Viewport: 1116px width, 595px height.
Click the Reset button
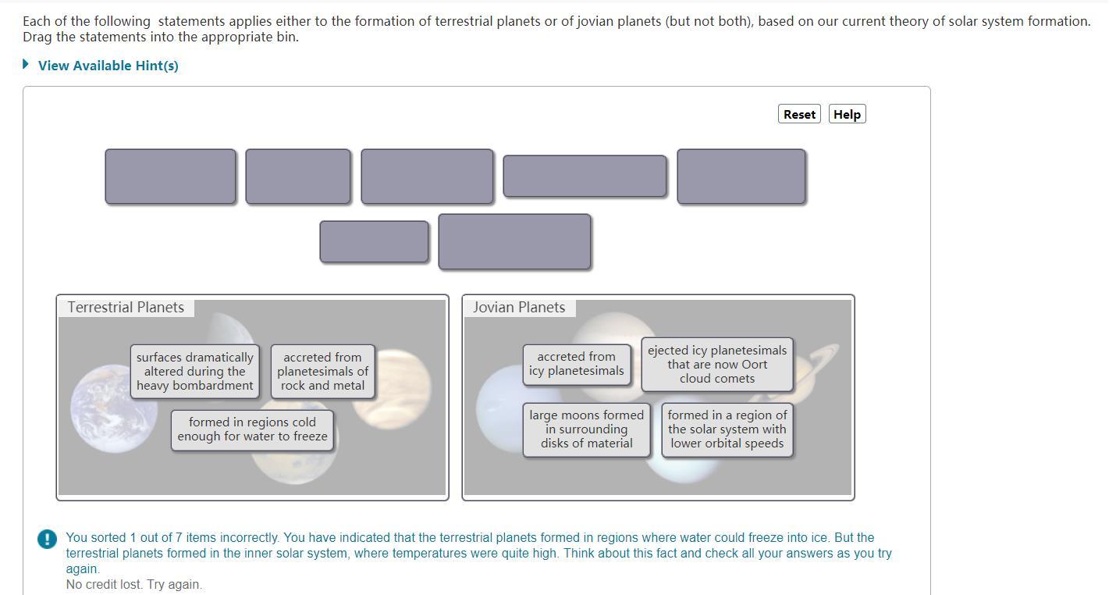tap(799, 114)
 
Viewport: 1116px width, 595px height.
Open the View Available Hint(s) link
tap(108, 66)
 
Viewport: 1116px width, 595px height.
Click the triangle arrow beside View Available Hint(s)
tap(26, 64)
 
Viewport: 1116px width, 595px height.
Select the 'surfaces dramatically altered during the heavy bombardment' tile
tap(195, 371)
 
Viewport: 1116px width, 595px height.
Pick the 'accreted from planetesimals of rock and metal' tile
tap(322, 371)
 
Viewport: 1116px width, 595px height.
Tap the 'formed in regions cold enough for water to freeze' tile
tap(252, 429)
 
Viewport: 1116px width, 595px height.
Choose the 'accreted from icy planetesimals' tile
tap(577, 364)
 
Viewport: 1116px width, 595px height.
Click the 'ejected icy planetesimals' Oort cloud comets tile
tap(717, 365)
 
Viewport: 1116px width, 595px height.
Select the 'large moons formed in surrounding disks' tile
tap(586, 429)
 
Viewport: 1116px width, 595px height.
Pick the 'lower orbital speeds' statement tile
tap(727, 429)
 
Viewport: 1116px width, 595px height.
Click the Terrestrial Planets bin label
tap(126, 308)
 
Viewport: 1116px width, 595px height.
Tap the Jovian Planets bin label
tap(519, 308)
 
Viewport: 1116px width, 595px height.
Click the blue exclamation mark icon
tap(48, 539)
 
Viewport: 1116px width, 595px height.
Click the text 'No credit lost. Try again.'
tap(134, 585)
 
